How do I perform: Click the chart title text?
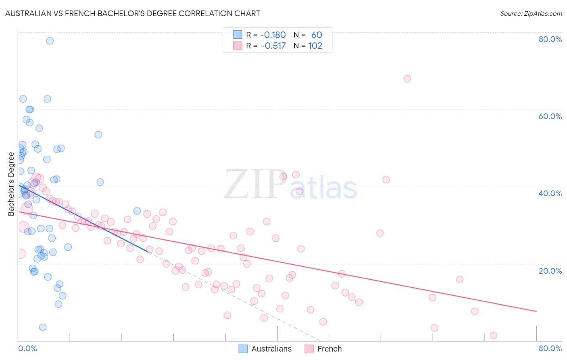coord(132,13)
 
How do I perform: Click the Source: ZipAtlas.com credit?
coord(531,13)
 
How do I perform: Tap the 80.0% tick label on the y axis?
coord(550,39)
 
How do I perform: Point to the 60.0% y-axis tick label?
coord(550,116)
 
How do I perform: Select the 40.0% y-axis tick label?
coord(550,193)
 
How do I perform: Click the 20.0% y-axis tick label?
coord(550,270)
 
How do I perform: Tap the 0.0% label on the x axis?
coord(27,348)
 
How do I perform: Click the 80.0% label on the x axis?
coord(550,348)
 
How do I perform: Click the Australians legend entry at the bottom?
coord(271,349)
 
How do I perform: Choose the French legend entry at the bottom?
coord(329,349)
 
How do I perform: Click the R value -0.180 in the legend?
coord(273,35)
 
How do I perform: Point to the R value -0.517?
coord(273,46)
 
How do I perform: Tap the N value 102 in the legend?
coord(315,46)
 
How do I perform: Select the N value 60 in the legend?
coord(317,35)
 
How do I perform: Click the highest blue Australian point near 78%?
coord(50,41)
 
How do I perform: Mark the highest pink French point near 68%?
coord(407,79)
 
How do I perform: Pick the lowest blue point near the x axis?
coord(43,327)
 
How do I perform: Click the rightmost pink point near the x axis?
coord(493,335)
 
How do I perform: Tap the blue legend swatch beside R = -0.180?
coord(238,35)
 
